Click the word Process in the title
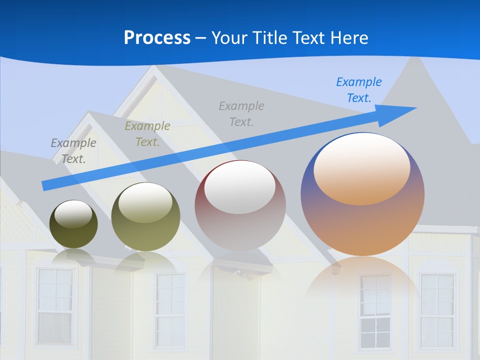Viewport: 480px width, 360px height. [x=157, y=37]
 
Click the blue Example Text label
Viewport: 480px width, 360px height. [x=359, y=89]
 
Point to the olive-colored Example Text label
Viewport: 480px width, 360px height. [x=147, y=133]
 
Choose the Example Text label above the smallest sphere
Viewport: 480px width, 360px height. [x=73, y=150]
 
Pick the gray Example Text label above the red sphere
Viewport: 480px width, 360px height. [x=241, y=113]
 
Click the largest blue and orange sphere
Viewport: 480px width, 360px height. [x=362, y=225]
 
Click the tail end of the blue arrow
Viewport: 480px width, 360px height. [x=45, y=185]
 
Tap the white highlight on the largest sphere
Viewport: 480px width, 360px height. [x=361, y=169]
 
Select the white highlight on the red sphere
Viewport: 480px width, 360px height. [x=240, y=188]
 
